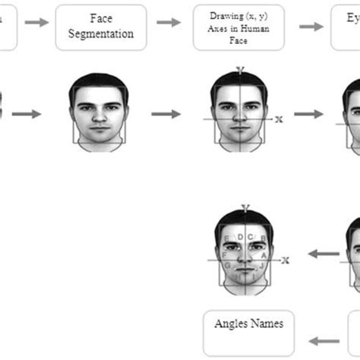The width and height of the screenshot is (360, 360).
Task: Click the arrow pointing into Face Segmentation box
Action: (35, 22)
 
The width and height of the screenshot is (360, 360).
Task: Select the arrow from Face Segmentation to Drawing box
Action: (169, 23)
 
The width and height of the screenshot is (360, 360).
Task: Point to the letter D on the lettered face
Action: (240, 238)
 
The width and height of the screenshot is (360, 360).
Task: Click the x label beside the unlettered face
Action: (279, 119)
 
